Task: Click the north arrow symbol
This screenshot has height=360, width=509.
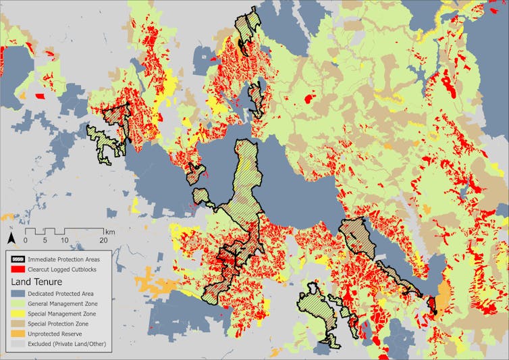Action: pos(11,238)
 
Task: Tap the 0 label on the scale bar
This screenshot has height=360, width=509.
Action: pos(26,240)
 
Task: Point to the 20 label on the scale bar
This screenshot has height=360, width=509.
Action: pos(103,240)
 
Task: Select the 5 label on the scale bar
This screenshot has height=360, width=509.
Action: pos(45,240)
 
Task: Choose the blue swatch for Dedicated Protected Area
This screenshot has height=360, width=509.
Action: pos(17,294)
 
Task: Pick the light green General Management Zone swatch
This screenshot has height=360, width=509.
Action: pos(17,304)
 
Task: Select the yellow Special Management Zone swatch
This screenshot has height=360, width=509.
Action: pos(17,314)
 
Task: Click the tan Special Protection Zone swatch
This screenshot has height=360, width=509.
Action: pos(17,324)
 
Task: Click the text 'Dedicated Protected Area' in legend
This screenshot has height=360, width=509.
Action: pos(66,294)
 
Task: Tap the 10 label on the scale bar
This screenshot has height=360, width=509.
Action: pos(64,240)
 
